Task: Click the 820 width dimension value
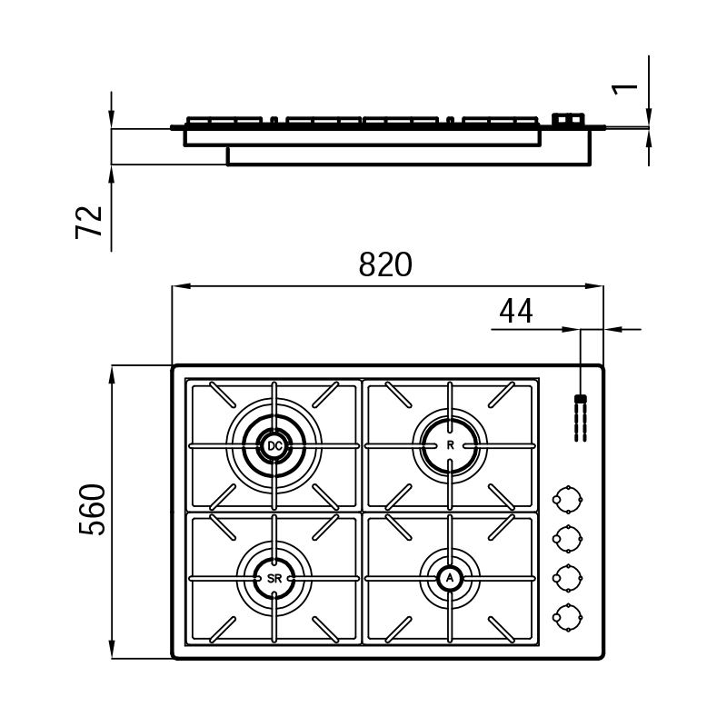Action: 385,264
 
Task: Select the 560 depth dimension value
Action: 92,510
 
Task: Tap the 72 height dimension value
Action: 88,222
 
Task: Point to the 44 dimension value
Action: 516,311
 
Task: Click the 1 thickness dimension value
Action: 625,89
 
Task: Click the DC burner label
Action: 274,446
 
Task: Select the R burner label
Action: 450,445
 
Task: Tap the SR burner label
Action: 274,579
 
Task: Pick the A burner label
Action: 449,578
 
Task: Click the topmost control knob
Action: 567,499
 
